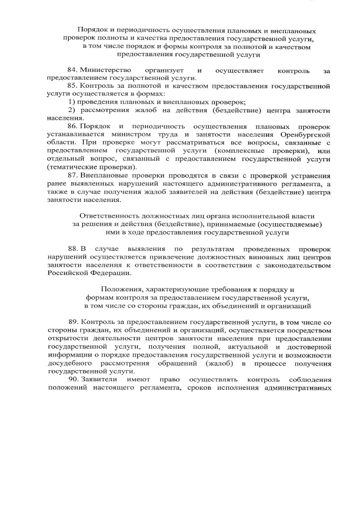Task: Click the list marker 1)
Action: (x=73, y=101)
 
